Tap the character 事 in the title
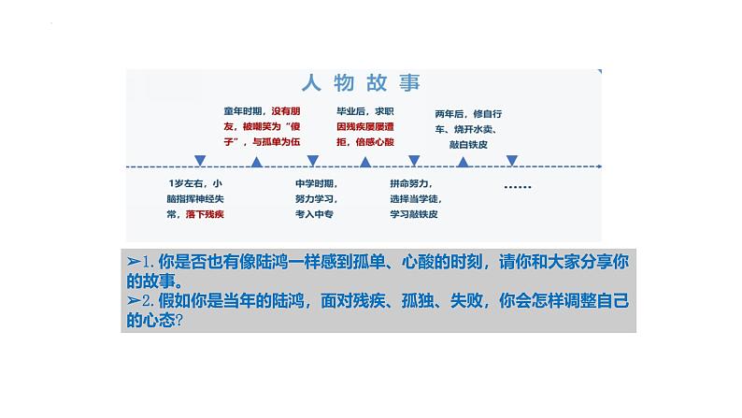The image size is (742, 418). coord(408,84)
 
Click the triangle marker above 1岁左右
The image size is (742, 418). coord(199,160)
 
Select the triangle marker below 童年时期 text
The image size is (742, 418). coord(258,161)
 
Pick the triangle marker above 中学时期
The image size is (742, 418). coord(312,160)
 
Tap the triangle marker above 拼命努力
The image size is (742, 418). coord(414,160)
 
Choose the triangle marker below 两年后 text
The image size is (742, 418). coord(463,161)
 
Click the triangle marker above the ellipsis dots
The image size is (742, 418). coord(511,160)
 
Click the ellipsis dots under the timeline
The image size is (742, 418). coord(517,186)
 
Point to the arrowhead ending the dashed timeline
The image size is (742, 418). coord(599,166)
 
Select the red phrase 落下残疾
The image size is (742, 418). coord(210,214)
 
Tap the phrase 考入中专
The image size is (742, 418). coord(314,214)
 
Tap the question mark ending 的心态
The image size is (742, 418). coord(178,320)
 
